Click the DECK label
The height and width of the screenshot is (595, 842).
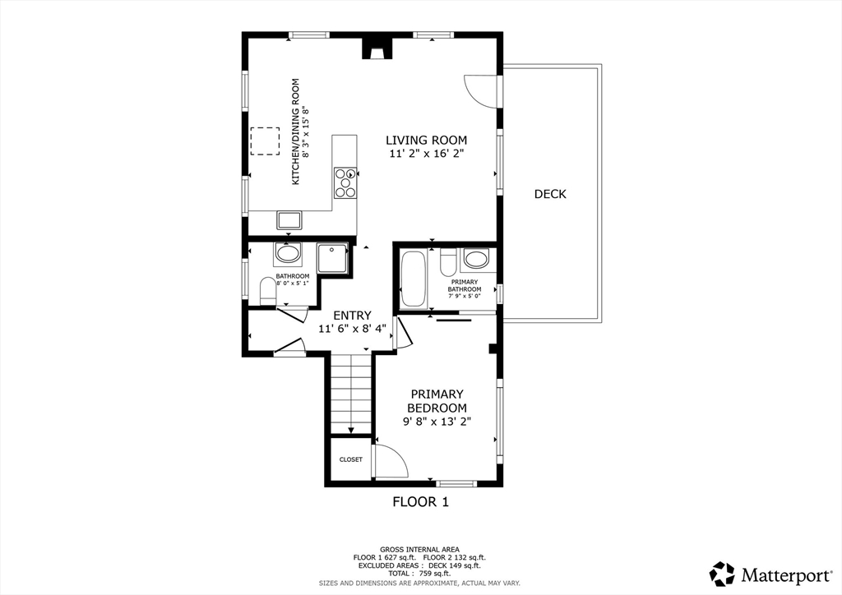click(x=550, y=194)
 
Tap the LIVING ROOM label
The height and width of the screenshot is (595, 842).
click(x=427, y=141)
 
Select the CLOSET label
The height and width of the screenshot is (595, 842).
click(x=350, y=459)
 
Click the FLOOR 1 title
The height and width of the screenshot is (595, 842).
click(x=420, y=502)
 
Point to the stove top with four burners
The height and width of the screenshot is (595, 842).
click(x=345, y=183)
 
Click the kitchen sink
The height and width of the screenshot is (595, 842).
click(x=290, y=220)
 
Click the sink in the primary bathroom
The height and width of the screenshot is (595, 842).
click(x=476, y=259)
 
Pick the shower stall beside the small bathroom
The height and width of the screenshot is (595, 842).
click(x=332, y=258)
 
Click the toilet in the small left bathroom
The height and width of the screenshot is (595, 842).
click(x=268, y=290)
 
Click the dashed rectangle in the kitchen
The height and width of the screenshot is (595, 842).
click(x=266, y=141)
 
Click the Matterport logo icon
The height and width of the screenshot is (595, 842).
click(x=722, y=574)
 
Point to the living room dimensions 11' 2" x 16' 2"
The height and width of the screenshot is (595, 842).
click(x=427, y=154)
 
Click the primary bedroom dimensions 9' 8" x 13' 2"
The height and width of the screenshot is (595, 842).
click(x=437, y=422)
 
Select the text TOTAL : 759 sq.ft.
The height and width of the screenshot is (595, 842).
click(x=419, y=574)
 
